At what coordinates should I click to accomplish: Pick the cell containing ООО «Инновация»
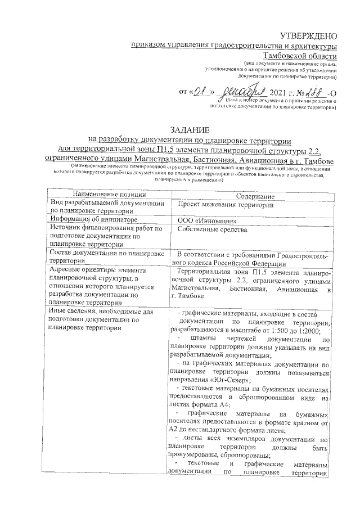pos(204,220)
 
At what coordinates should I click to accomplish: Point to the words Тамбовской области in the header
pos(304,56)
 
